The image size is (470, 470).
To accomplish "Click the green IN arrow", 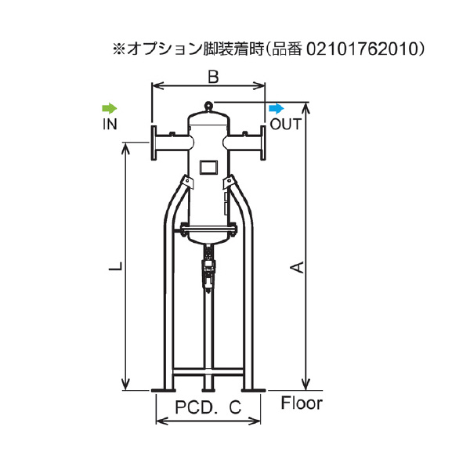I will (x=110, y=107).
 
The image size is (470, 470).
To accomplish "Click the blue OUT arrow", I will (x=277, y=107).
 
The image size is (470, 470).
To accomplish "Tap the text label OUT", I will (x=286, y=124).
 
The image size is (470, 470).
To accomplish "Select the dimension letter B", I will (x=211, y=76).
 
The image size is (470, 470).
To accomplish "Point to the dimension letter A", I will (x=297, y=269).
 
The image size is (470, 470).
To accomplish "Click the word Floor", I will (x=301, y=405).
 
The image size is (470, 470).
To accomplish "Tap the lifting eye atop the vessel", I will (x=208, y=105).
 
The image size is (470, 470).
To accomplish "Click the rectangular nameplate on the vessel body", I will (x=208, y=167).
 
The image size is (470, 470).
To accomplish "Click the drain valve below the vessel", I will (x=208, y=266).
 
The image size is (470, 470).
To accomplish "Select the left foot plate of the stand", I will (x=164, y=388).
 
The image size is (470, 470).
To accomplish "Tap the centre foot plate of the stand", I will (x=208, y=388).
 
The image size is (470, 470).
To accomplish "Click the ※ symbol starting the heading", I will (x=119, y=49).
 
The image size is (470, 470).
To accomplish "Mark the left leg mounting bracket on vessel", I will (x=186, y=184).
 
